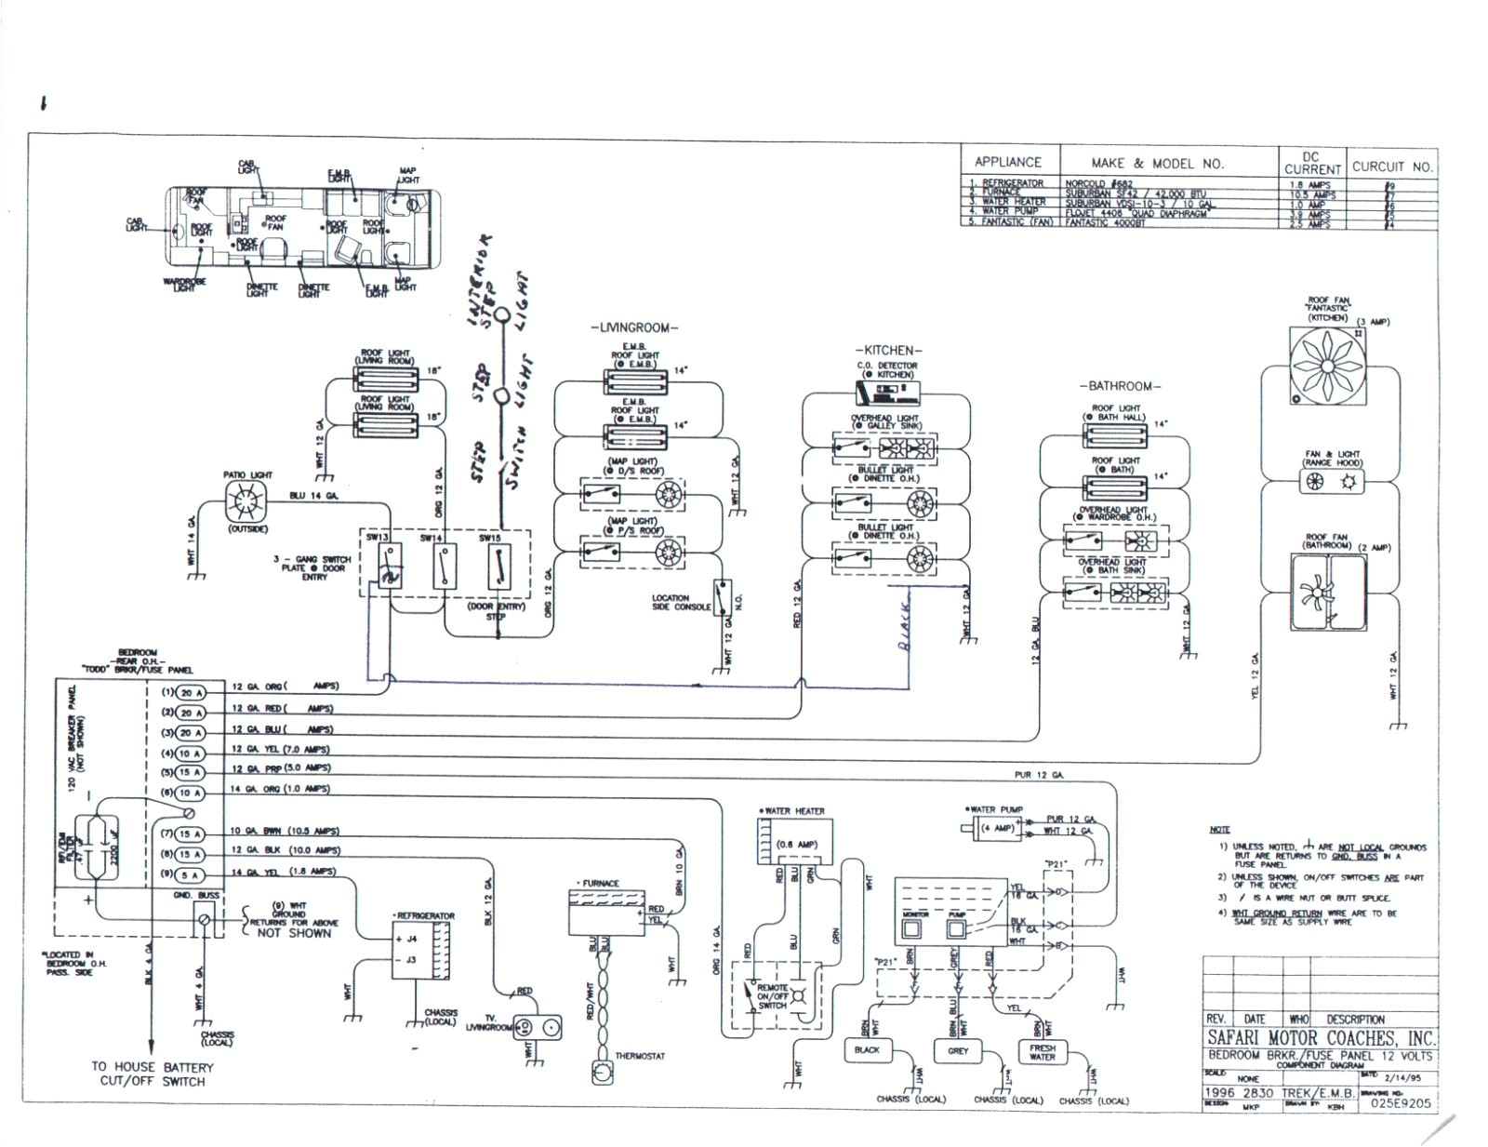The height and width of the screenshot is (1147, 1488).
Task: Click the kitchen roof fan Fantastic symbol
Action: (1328, 365)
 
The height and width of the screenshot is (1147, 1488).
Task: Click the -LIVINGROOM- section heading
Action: (634, 328)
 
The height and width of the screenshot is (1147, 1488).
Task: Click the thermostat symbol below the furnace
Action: (603, 1071)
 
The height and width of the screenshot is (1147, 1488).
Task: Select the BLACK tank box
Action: (866, 1050)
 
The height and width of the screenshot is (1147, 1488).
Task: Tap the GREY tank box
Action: (958, 1051)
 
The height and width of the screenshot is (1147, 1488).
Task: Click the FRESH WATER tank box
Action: (1042, 1052)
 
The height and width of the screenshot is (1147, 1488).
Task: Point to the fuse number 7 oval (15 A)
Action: (190, 834)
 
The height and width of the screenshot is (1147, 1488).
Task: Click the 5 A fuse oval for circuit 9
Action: (190, 874)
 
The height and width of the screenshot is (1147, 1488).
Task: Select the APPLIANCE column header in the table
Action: (1007, 162)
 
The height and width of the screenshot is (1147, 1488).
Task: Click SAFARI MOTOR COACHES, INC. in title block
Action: (1321, 1038)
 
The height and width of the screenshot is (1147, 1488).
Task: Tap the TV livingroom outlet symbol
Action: (538, 1028)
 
